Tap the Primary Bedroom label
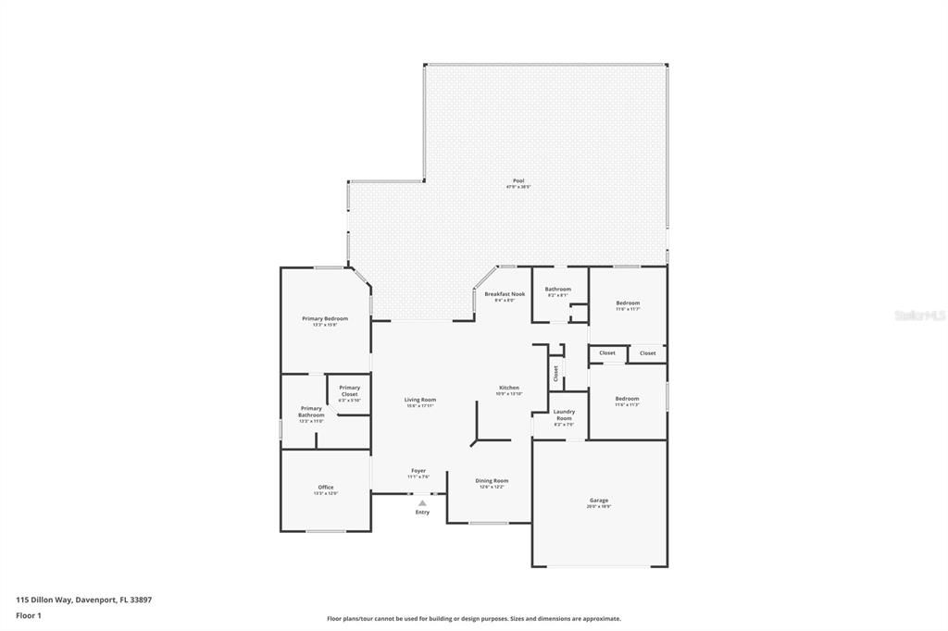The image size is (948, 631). click(x=325, y=318)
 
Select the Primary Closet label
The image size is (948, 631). click(x=349, y=390)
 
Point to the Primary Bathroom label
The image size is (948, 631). click(x=311, y=412)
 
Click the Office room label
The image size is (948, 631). click(x=325, y=488)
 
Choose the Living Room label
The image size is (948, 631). click(x=419, y=400)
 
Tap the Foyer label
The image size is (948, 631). click(x=418, y=471)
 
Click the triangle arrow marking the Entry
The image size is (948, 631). click(x=422, y=503)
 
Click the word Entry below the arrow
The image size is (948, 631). click(x=422, y=512)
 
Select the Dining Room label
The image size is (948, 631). click(x=492, y=480)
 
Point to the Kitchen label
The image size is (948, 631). click(x=509, y=388)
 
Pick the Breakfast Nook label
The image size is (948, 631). click(x=505, y=294)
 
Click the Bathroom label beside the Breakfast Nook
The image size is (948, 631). click(x=557, y=289)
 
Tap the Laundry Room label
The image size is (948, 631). click(x=564, y=414)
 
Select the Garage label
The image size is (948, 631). click(x=599, y=501)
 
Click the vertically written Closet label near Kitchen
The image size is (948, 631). click(x=555, y=373)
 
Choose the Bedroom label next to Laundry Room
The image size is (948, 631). click(x=628, y=399)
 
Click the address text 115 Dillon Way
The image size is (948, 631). click(x=84, y=600)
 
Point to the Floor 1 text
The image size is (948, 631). click(x=29, y=614)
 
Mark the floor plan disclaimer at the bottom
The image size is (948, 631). click(x=474, y=619)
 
